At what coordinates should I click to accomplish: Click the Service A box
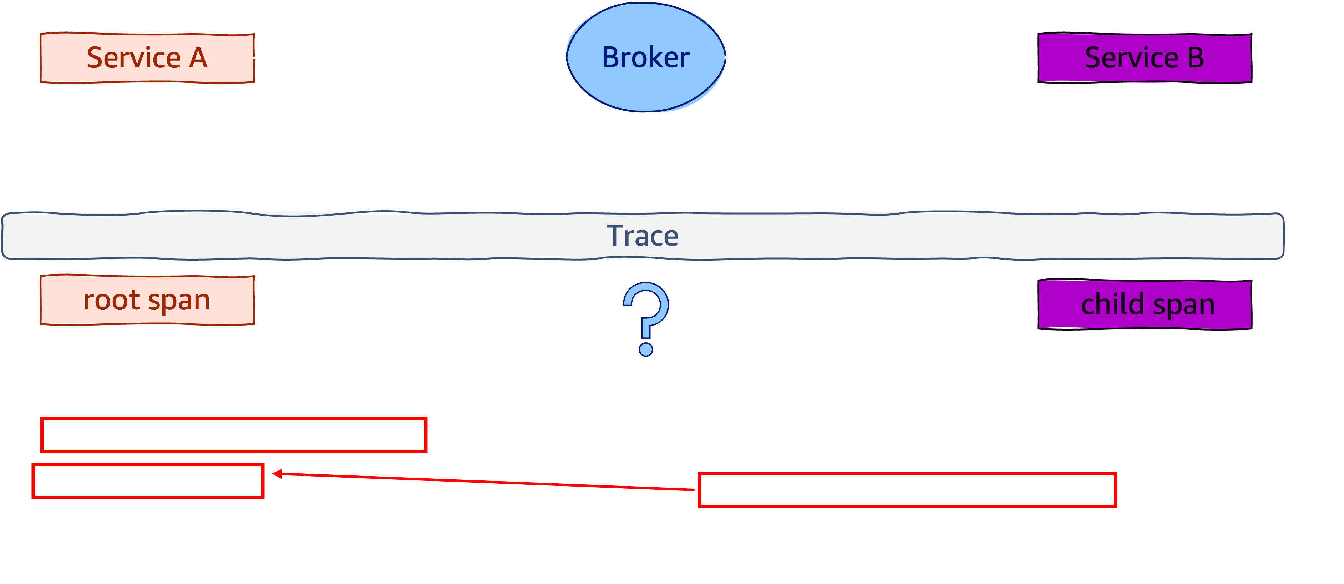pos(147,58)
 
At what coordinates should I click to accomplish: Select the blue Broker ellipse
pos(645,57)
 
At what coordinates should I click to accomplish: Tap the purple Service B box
pos(1144,58)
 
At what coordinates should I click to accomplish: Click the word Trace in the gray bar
pos(642,236)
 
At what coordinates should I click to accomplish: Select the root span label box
pos(147,301)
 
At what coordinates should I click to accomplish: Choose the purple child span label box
pos(1145,305)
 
